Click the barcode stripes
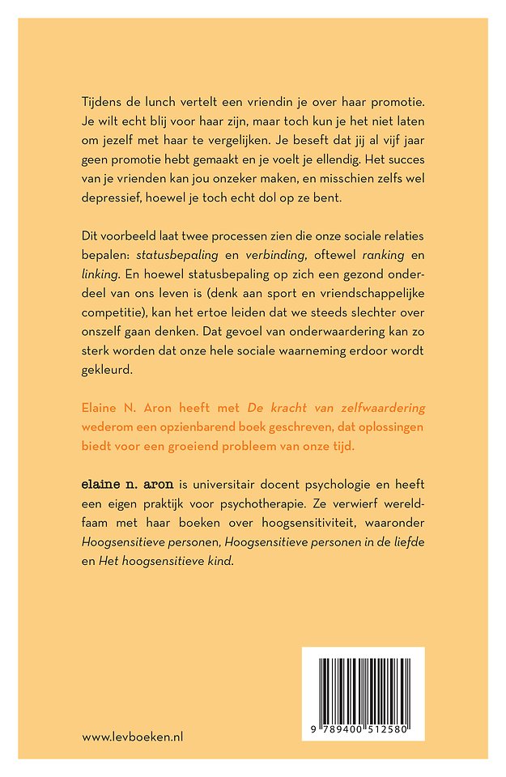click(x=363, y=686)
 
